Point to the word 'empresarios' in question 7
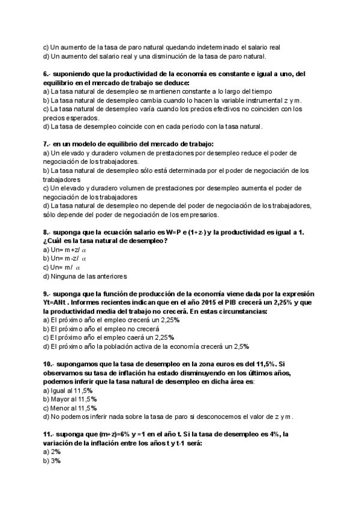[196, 215]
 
